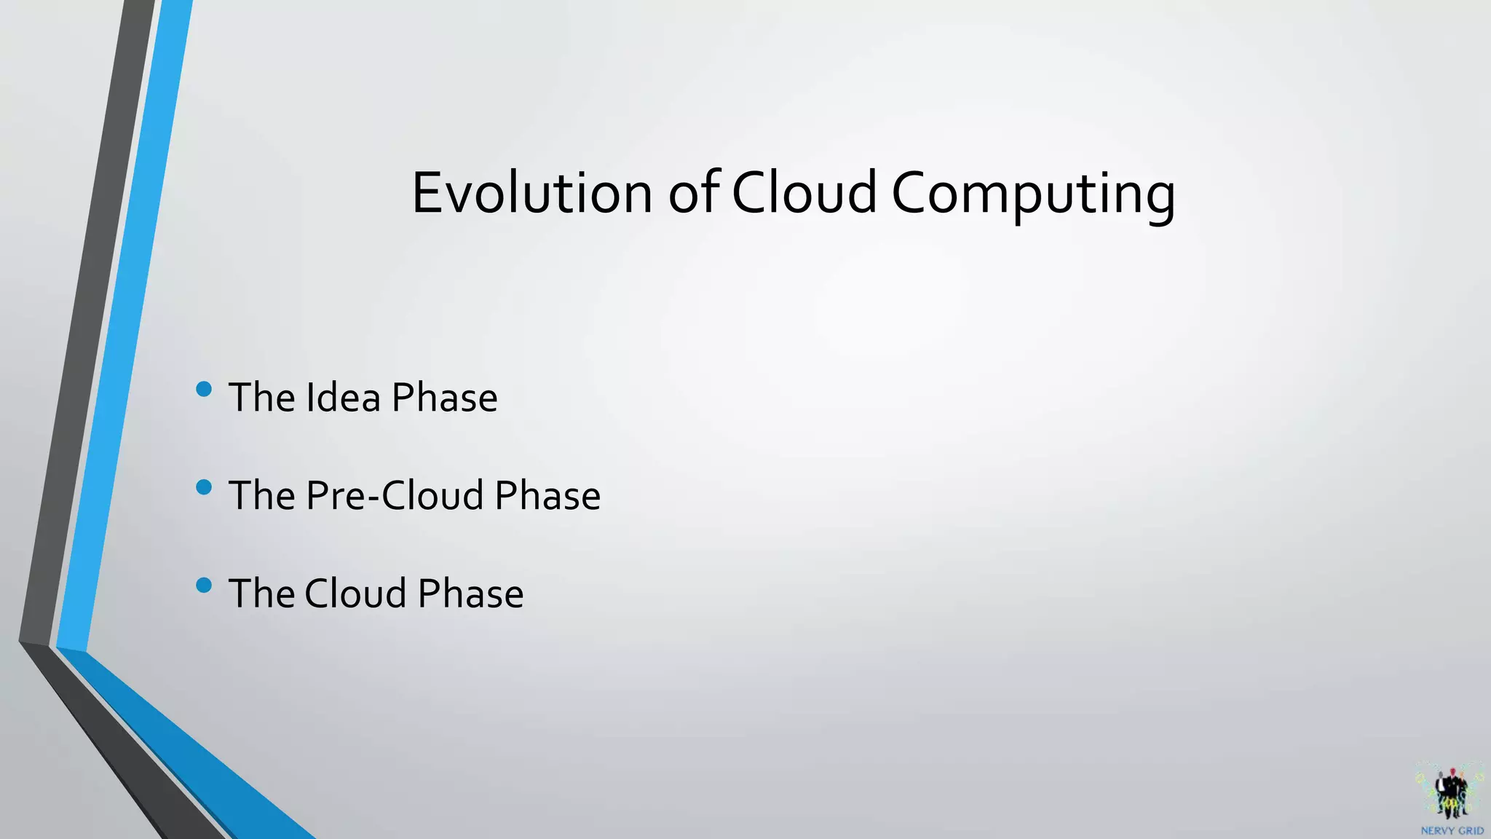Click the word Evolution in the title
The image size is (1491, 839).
531,193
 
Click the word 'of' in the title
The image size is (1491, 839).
694,193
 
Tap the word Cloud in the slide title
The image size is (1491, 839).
804,193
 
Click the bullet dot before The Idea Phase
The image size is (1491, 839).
204,390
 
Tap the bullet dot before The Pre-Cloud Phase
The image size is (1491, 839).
204,487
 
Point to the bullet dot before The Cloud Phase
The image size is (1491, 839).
204,585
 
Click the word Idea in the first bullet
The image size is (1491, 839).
343,398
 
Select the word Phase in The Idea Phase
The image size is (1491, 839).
444,398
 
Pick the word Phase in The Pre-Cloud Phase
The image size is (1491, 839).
547,496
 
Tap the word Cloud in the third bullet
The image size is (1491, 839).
355,594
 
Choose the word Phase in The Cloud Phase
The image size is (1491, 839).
470,594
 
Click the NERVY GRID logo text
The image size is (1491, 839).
1452,831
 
